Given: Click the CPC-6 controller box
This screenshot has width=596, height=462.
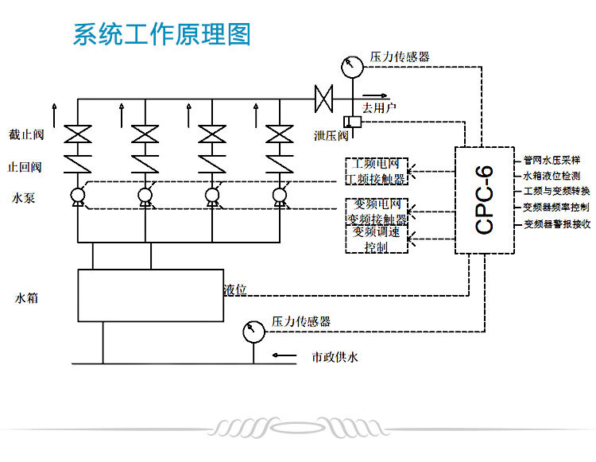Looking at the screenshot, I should [x=484, y=200].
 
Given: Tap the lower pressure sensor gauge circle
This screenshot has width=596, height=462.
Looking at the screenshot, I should [x=253, y=330].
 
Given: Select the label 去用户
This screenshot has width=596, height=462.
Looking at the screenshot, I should [x=379, y=107].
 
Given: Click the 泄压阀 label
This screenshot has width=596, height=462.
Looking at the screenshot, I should [x=331, y=135].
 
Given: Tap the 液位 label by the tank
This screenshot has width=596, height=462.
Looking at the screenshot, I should [x=234, y=290].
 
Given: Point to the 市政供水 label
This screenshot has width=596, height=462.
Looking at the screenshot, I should [x=335, y=357].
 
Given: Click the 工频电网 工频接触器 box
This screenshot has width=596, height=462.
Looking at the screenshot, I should [x=375, y=171].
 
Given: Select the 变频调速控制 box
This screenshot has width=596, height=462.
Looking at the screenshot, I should [x=375, y=239].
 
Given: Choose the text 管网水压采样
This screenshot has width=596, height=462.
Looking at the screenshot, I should [x=551, y=159].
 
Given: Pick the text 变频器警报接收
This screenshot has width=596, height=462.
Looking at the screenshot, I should [x=556, y=224].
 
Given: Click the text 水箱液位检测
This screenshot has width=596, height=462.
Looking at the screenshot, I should [x=551, y=176].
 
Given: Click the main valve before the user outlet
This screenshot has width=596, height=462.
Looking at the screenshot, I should [x=323, y=99].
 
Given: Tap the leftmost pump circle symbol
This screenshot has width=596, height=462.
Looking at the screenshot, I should [x=78, y=196].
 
